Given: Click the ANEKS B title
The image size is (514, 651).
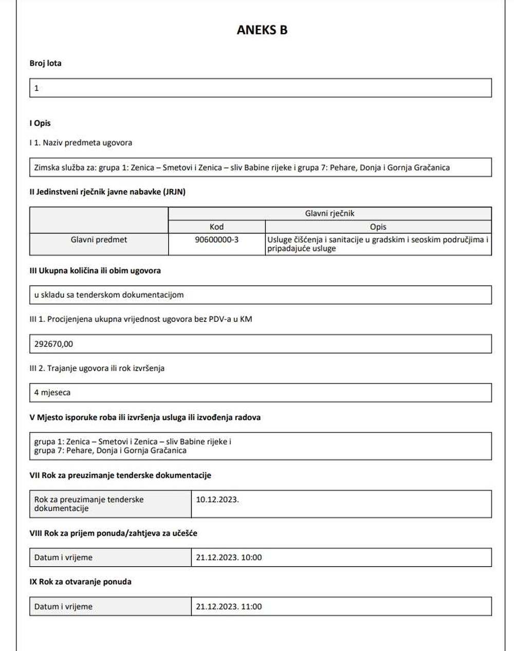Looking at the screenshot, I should pos(262,30).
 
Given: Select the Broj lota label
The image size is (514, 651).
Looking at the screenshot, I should pos(45,63).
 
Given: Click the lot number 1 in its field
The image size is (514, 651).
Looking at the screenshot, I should pos(36,88).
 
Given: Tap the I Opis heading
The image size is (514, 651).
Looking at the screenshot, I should pos(40,123).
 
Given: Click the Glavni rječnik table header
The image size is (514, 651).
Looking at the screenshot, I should pos(329,213).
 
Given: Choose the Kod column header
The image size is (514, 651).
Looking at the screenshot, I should pos(216,227).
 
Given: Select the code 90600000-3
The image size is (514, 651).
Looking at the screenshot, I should pos(216,240).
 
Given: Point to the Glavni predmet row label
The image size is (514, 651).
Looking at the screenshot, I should pos(99,240).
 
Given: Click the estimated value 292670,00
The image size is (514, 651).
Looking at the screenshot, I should pos(53,344).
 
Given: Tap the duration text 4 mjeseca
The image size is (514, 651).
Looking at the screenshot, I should pos(52,393).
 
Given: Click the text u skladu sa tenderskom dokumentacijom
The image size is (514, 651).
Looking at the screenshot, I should pos(109,295).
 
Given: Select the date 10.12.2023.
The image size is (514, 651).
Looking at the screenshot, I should pos(217,499).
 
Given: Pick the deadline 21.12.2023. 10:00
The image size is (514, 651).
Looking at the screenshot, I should pos(229,557).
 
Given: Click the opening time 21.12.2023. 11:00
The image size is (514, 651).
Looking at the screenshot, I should pos(229,607).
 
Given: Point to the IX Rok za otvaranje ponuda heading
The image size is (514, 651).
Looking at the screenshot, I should pos(80,582).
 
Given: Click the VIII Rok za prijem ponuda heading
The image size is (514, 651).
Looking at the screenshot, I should pos(113,533).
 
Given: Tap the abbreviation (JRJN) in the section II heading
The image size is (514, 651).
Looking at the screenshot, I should pos(174,192).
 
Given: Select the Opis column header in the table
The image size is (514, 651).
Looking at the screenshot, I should pos(378,227).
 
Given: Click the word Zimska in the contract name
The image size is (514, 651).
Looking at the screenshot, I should pos(47,168).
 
